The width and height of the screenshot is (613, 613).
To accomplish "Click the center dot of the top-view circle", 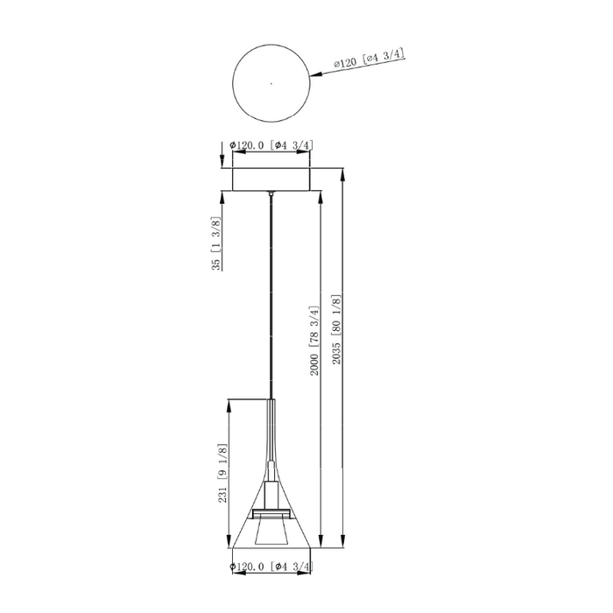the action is click(x=271, y=83).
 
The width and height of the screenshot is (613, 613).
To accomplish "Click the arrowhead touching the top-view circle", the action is click(x=315, y=74).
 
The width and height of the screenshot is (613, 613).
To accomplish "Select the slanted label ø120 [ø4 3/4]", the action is click(x=369, y=59).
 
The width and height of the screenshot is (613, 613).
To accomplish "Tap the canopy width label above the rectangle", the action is click(x=271, y=145).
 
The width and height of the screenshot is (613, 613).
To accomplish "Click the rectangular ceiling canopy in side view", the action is click(x=271, y=180).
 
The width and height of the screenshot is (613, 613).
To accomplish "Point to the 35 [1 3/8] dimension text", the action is click(x=216, y=243).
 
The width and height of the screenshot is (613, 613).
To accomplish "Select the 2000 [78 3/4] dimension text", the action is click(x=314, y=341).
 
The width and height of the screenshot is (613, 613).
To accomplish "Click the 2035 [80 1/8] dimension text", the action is click(x=336, y=329).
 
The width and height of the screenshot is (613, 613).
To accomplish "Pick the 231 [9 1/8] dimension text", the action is click(x=222, y=474).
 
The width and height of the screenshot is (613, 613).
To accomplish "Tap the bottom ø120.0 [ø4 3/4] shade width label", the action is click(x=271, y=566).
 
